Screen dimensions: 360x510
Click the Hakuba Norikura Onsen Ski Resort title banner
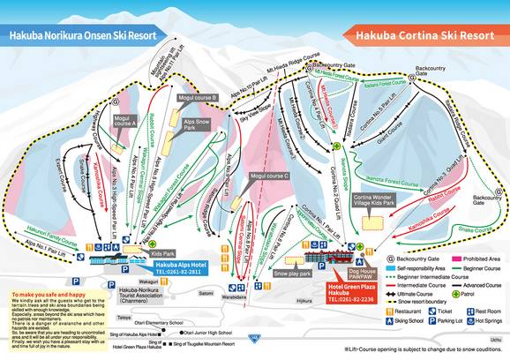point(77,36)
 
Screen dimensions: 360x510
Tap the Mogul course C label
point(270,176)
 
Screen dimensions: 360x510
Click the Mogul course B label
point(198,99)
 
